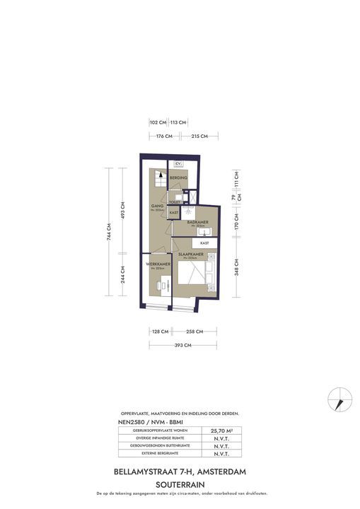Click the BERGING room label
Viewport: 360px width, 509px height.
click(179, 178)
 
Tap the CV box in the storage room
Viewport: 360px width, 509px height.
click(179, 164)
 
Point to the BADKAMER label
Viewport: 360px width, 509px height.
click(197, 222)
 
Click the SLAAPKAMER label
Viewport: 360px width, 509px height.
click(191, 254)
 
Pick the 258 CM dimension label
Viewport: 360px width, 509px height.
click(194, 331)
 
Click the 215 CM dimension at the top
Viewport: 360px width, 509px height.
click(199, 136)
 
